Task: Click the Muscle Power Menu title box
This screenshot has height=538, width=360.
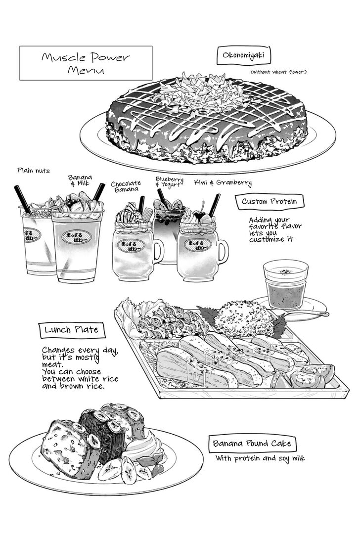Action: [x=86, y=63]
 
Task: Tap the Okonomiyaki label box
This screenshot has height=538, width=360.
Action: [x=243, y=55]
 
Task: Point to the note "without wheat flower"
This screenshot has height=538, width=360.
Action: [x=278, y=72]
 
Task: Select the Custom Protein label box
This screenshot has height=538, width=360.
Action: [x=270, y=202]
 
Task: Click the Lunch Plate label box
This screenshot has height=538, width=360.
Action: [x=72, y=330]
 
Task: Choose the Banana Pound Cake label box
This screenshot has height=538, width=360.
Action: [x=252, y=444]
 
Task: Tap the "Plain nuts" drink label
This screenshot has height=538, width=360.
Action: [x=34, y=171]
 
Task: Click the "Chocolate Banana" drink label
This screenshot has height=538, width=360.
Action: [x=126, y=186]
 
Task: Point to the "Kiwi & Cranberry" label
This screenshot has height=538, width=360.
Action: [x=223, y=182]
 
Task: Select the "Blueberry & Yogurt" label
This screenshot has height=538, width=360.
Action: [x=170, y=182]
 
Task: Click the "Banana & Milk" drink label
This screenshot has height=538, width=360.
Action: [x=80, y=180]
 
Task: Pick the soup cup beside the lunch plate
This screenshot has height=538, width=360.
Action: [x=285, y=284]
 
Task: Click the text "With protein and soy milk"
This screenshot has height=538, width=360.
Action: [x=260, y=458]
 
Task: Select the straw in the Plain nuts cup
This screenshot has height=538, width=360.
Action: [x=23, y=200]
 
